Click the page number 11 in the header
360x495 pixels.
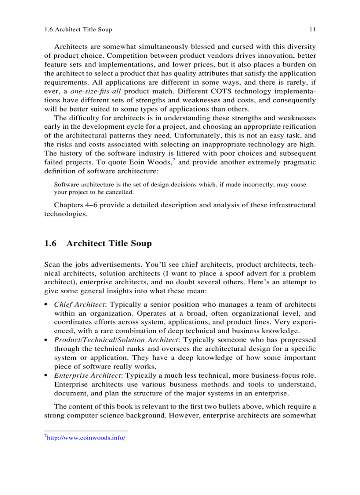pos(312,30)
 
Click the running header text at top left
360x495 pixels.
pos(78,30)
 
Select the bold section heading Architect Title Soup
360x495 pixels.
pos(109,243)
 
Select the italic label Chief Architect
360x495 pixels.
pos(79,305)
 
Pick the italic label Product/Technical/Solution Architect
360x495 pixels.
pos(116,340)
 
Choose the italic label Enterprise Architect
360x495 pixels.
pos(88,376)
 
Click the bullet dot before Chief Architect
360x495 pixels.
pos(47,305)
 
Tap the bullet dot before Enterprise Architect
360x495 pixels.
pos(47,376)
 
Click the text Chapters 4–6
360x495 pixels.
pos(76,205)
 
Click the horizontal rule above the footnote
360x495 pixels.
pos(86,431)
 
